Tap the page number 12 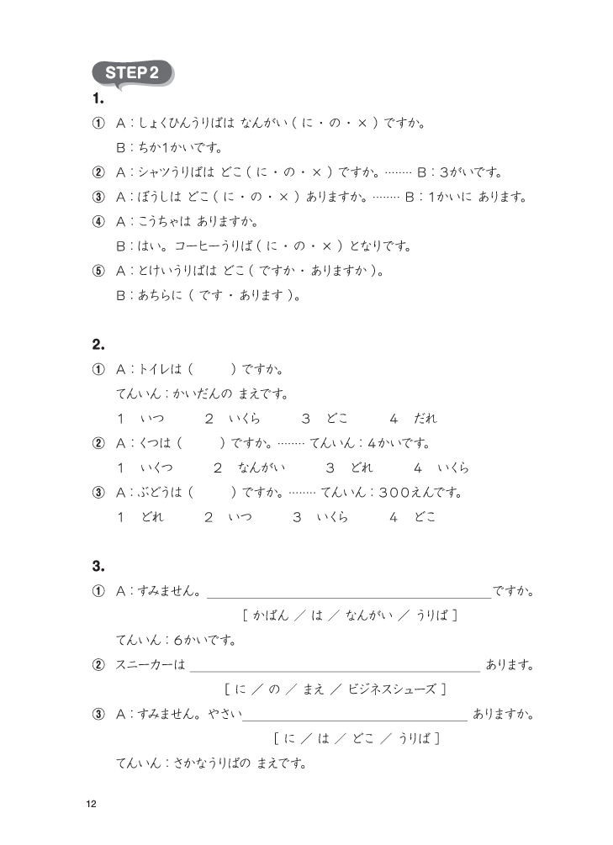(92, 805)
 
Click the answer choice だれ (425, 419)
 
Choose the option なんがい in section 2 (262, 468)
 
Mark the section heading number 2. (98, 344)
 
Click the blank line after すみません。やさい (354, 716)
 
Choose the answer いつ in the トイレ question (152, 419)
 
